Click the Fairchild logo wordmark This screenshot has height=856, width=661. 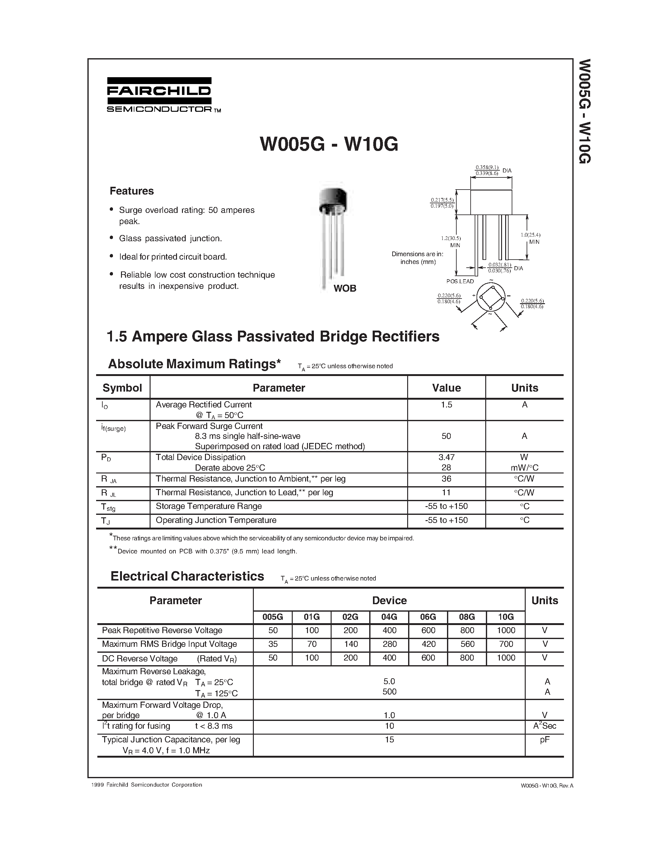(x=159, y=91)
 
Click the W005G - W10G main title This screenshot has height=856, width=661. (x=329, y=144)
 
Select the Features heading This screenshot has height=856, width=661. (x=132, y=191)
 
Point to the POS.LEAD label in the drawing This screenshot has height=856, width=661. (x=460, y=281)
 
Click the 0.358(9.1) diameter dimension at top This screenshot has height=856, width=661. (x=487, y=168)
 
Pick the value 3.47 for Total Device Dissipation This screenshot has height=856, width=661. (x=446, y=457)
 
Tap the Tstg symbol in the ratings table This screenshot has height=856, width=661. (x=108, y=507)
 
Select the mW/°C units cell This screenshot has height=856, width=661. (x=524, y=468)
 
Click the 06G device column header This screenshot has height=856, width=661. (x=428, y=617)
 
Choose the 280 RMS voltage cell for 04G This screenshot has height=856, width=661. (x=389, y=644)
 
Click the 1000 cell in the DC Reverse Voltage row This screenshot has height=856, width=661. (x=505, y=658)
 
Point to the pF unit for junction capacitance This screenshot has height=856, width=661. (x=544, y=739)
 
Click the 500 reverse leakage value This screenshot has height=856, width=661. (x=389, y=692)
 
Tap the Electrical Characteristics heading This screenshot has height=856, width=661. (x=187, y=576)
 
